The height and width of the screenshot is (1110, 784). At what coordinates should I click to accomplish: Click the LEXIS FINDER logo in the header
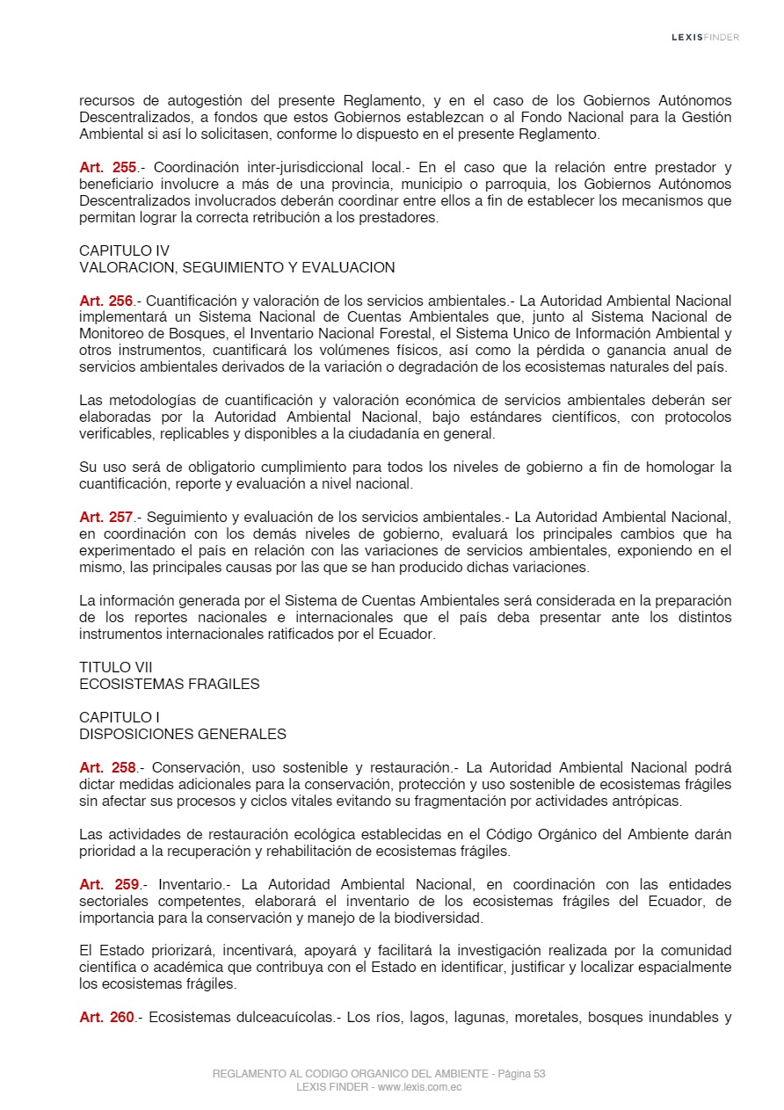(x=705, y=37)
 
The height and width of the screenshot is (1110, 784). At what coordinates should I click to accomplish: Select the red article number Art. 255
(x=107, y=167)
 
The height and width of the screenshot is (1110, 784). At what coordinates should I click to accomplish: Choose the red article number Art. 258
(x=107, y=767)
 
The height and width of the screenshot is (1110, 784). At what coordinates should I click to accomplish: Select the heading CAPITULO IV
(x=124, y=250)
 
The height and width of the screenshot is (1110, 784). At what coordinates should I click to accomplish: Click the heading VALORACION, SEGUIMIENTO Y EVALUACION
(x=236, y=267)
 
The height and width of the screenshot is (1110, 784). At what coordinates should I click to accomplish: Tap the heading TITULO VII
(x=115, y=667)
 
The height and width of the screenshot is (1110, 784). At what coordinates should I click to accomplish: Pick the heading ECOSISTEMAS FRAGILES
(x=169, y=684)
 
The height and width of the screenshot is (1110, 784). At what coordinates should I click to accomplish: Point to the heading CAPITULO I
(x=119, y=717)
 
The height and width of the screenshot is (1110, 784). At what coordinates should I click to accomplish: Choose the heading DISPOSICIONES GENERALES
(x=182, y=734)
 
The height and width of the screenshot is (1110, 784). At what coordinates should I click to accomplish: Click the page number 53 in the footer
(x=540, y=1074)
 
